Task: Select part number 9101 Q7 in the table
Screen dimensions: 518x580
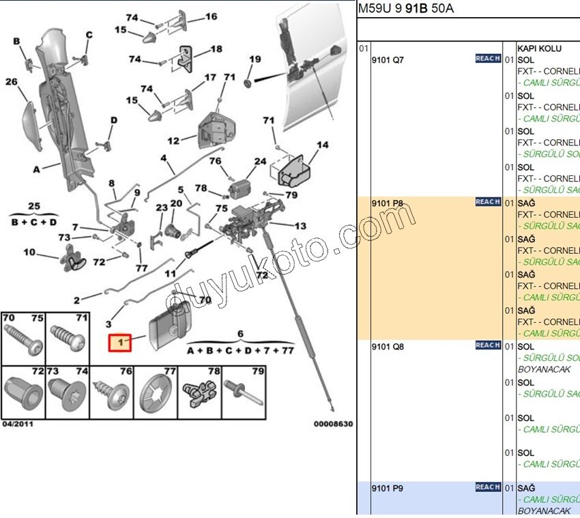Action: pyautogui.click(x=387, y=59)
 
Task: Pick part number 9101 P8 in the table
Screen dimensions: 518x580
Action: pyautogui.click(x=387, y=203)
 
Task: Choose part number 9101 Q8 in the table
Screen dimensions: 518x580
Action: pyautogui.click(x=387, y=346)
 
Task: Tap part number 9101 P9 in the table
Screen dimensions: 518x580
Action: pyautogui.click(x=387, y=489)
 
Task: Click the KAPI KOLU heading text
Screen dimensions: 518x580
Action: pyautogui.click(x=539, y=48)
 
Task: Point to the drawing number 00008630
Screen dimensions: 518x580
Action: pyautogui.click(x=333, y=424)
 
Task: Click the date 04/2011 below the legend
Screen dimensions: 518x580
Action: pyautogui.click(x=18, y=424)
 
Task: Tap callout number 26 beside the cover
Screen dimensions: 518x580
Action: pyautogui.click(x=12, y=82)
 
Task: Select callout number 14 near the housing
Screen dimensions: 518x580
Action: pyautogui.click(x=322, y=145)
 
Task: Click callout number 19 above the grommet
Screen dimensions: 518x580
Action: pyautogui.click(x=255, y=59)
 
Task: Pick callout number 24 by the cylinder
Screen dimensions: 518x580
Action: pyautogui.click(x=260, y=162)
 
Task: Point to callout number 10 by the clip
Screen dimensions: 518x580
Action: pyautogui.click(x=29, y=253)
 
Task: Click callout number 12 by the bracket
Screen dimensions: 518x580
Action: pyautogui.click(x=173, y=141)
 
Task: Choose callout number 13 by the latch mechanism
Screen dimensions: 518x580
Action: pyautogui.click(x=300, y=226)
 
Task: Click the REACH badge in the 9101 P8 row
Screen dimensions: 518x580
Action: pyautogui.click(x=488, y=202)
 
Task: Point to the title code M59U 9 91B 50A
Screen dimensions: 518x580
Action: pyautogui.click(x=405, y=9)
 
